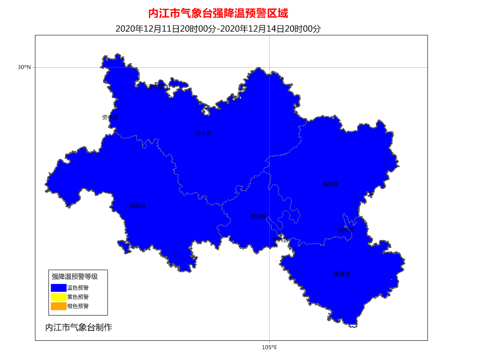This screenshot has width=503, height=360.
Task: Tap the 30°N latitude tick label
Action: (x=24, y=67)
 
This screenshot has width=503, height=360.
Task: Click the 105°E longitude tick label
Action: (x=269, y=347)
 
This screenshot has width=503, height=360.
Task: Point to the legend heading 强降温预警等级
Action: (x=75, y=277)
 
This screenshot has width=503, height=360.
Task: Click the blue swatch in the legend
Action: (x=59, y=288)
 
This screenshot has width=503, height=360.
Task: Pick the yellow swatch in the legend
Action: (x=59, y=297)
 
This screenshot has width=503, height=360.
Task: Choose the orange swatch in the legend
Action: (x=59, y=306)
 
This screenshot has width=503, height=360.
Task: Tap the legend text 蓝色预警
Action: (x=78, y=288)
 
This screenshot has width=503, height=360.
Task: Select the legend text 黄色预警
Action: (x=78, y=297)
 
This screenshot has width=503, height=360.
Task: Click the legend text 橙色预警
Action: (x=78, y=306)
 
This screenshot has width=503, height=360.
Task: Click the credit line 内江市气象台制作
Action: (x=79, y=327)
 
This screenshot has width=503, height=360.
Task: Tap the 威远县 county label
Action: (x=137, y=206)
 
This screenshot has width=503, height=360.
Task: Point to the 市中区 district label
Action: (x=258, y=216)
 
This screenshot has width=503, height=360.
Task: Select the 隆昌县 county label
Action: (x=341, y=274)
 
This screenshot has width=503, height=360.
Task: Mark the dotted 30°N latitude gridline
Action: (x=349, y=67)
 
